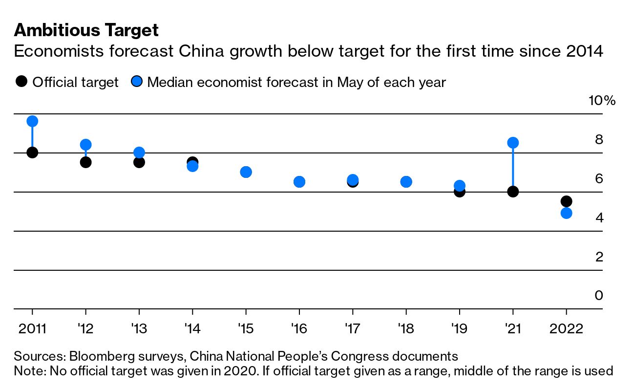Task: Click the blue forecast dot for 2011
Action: pyautogui.click(x=32, y=121)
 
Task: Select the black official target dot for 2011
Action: pyautogui.click(x=32, y=152)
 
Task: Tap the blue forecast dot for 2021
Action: pyautogui.click(x=513, y=143)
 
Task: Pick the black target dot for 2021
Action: pyautogui.click(x=513, y=192)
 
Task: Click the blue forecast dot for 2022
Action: pyautogui.click(x=567, y=213)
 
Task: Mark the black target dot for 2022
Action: pyautogui.click(x=567, y=201)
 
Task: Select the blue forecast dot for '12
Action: pyautogui.click(x=86, y=145)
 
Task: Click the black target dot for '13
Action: pyautogui.click(x=139, y=162)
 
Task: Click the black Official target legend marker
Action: pyautogui.click(x=21, y=82)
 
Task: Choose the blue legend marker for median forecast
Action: pyautogui.click(x=137, y=82)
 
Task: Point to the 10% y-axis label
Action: pyautogui.click(x=602, y=101)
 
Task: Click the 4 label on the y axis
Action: pyautogui.click(x=599, y=217)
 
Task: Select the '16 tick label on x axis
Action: pyautogui.click(x=299, y=328)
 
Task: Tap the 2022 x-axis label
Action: pyautogui.click(x=567, y=328)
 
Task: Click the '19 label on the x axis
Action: pyautogui.click(x=459, y=328)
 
